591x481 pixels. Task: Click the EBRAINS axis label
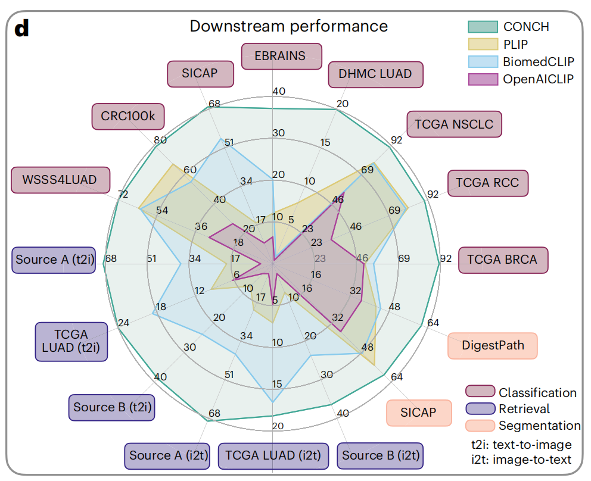281,57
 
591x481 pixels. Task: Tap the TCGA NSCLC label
454,124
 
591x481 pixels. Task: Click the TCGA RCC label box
487,183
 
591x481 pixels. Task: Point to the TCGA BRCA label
502,260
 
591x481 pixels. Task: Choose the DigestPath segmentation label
492,345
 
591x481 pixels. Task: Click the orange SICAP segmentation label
418,413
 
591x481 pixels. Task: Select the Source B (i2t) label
381,456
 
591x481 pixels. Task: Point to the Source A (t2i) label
54,260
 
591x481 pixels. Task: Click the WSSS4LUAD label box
61,179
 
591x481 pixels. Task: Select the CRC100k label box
127,116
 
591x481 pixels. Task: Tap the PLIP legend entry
515,44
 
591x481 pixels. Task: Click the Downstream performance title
288,26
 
